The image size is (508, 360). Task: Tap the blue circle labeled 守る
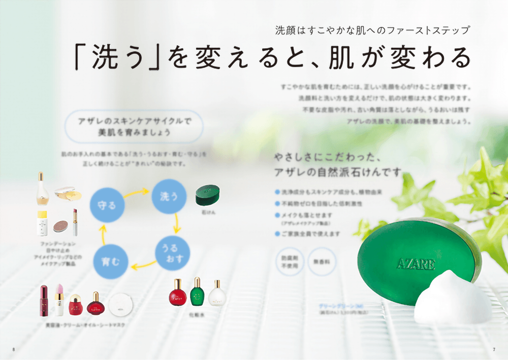(106, 206)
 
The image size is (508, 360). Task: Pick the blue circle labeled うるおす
(173, 253)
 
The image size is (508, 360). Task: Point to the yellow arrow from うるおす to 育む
(143, 264)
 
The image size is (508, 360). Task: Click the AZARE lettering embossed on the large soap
(416, 264)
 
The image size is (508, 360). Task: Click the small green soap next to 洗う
(209, 195)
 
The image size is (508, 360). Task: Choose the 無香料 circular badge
(321, 261)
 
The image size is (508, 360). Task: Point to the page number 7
(494, 349)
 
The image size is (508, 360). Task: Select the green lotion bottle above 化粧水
(197, 292)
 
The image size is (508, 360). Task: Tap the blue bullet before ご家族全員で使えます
(277, 234)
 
